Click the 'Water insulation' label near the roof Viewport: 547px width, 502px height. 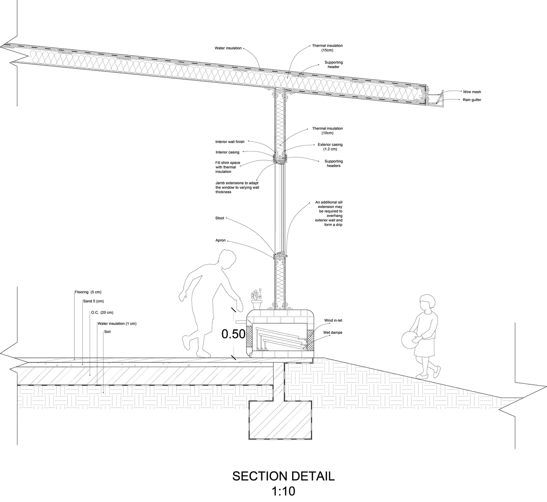coord(228,48)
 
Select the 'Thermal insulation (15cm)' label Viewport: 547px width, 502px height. coord(327,48)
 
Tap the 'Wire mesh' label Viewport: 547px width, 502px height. coord(472,92)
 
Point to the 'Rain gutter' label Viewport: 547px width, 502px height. coord(472,100)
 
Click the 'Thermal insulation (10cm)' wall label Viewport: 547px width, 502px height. coord(327,131)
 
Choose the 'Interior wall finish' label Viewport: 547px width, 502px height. coord(230,142)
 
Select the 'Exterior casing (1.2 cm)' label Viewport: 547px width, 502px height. coord(330,147)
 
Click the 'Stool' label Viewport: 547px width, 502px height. coord(220,218)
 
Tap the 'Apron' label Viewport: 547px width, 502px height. coord(220,240)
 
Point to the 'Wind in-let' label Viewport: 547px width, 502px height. coord(333,321)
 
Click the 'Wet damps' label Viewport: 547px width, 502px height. coord(333,333)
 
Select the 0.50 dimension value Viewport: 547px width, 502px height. coord(233,334)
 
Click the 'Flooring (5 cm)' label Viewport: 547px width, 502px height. coord(88,292)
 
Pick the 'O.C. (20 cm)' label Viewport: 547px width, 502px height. coord(102,313)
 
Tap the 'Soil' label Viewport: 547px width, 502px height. coord(107,332)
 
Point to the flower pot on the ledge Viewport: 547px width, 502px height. coord(257,305)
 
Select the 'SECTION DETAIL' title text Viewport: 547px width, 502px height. coord(283,476)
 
